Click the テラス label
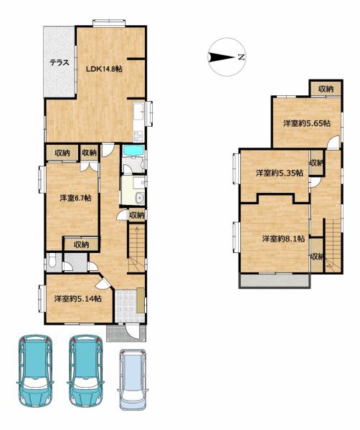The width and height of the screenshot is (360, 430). pyautogui.click(x=60, y=63)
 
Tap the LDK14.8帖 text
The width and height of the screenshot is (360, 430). pyautogui.click(x=104, y=69)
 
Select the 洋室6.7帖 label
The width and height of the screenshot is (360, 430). pyautogui.click(x=75, y=198)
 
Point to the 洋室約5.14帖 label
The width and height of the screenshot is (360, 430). pyautogui.click(x=78, y=299)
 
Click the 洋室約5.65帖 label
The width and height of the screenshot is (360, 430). pyautogui.click(x=307, y=123)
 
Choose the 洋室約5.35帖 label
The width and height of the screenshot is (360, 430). pyautogui.click(x=280, y=173)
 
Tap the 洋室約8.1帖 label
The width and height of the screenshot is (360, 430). pyautogui.click(x=283, y=239)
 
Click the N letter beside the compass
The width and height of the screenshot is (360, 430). pyautogui.click(x=241, y=57)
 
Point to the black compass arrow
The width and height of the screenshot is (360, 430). pyautogui.click(x=221, y=57)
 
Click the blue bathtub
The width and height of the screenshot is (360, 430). pyautogui.click(x=133, y=150)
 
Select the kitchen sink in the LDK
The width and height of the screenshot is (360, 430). pyautogui.click(x=138, y=111)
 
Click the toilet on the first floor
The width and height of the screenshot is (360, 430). pyautogui.click(x=51, y=261)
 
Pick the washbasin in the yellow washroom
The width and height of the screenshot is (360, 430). pyautogui.click(x=139, y=198)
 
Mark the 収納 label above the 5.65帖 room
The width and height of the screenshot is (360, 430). pyautogui.click(x=326, y=89)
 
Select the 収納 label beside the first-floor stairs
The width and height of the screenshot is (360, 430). pyautogui.click(x=137, y=215)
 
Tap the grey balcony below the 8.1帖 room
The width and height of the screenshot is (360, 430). pyautogui.click(x=275, y=280)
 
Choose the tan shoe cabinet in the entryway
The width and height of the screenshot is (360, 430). pyautogui.click(x=141, y=300)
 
